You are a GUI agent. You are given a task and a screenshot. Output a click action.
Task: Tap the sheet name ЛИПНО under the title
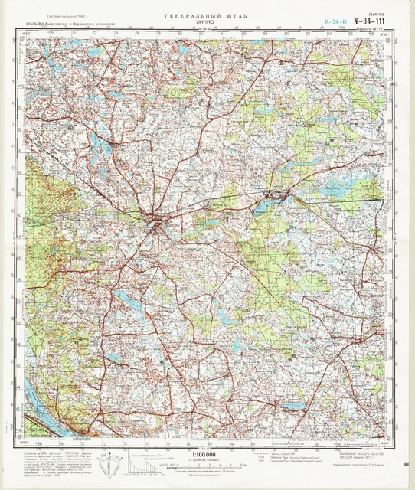(x=207, y=23)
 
